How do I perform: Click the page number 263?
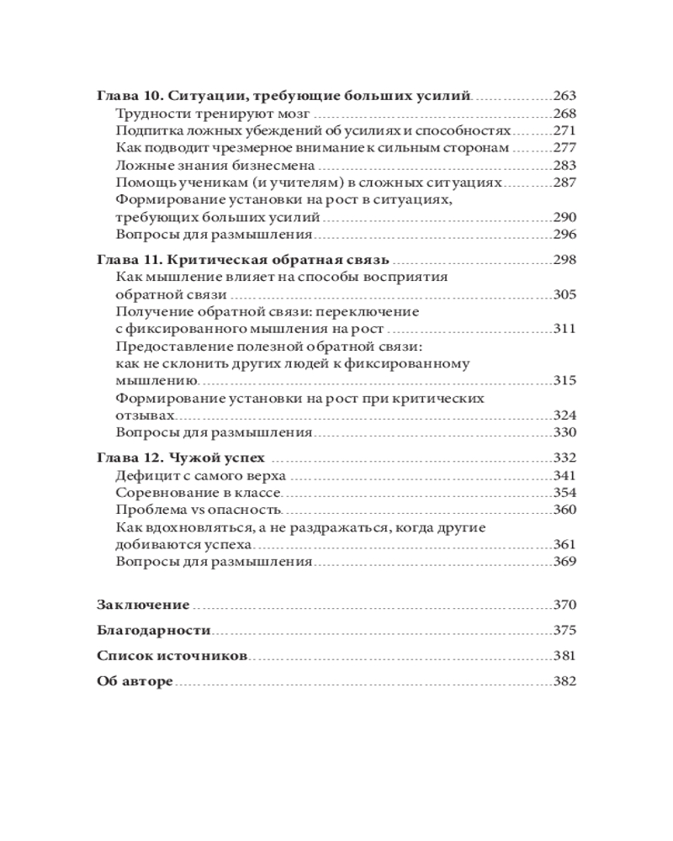tap(564, 96)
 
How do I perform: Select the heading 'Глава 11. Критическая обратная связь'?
tap(246, 259)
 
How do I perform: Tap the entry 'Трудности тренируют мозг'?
tap(214, 114)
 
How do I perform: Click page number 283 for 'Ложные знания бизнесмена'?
tap(564, 166)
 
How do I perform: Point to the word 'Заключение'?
tap(143, 605)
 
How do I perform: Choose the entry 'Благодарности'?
tap(153, 631)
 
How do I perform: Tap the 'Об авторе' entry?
tap(135, 682)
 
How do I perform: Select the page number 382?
tap(564, 682)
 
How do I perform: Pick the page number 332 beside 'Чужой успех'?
tap(564, 458)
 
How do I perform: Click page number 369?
tap(564, 562)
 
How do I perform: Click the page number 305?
tap(564, 294)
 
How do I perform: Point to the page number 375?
tap(564, 631)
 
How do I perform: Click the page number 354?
tap(564, 493)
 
